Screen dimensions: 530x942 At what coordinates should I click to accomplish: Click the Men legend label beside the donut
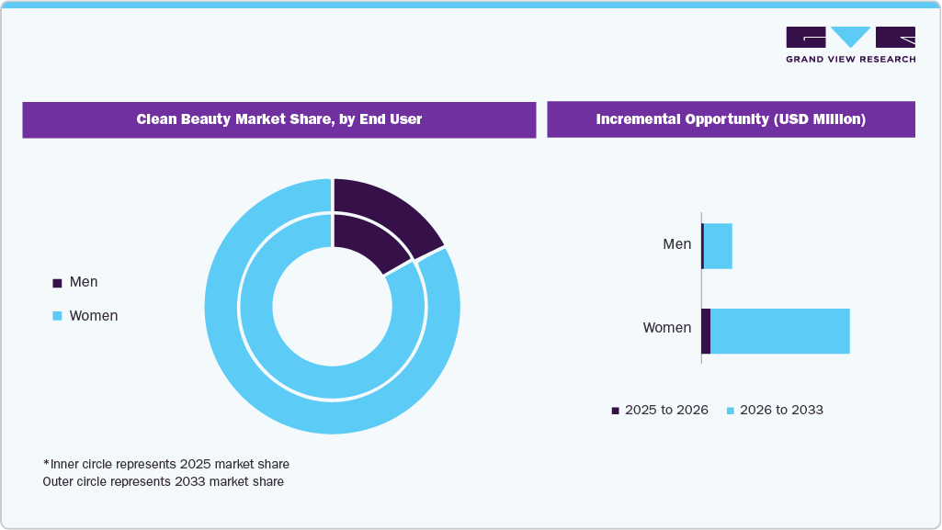click(83, 282)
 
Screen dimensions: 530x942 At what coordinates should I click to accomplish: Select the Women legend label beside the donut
click(94, 316)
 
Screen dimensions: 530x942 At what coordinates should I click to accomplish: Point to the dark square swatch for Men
click(57, 283)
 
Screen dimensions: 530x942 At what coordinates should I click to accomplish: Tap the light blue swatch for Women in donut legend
click(57, 316)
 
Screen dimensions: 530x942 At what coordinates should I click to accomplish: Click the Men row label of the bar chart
click(676, 244)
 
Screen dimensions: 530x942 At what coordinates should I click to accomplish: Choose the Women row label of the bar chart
click(666, 328)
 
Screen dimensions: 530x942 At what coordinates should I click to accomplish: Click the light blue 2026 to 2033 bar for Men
click(718, 246)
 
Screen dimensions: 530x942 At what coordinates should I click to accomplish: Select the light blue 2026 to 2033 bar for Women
click(779, 331)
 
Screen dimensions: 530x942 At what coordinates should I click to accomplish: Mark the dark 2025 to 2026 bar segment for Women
click(706, 331)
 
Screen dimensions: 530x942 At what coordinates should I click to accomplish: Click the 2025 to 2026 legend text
click(666, 410)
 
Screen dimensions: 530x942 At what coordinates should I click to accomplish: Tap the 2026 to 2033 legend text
click(781, 410)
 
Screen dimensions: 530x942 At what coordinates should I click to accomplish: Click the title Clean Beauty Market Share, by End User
click(279, 119)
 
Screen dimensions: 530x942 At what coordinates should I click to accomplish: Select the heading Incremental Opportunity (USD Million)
click(731, 119)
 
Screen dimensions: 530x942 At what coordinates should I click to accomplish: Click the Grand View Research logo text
click(850, 60)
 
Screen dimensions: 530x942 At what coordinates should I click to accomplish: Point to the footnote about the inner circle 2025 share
click(166, 464)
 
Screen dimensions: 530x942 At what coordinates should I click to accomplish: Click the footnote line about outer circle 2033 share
click(164, 481)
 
